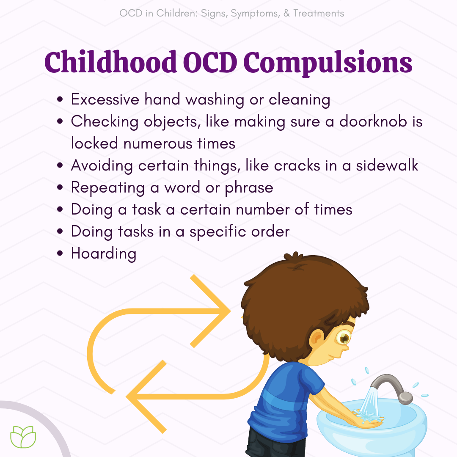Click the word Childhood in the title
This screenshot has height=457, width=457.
(110, 62)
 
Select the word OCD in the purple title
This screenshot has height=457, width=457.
(210, 62)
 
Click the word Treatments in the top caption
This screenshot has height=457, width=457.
(319, 13)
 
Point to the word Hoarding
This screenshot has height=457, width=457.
(104, 253)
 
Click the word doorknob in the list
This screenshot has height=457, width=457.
(373, 121)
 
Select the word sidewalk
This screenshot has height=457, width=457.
(387, 165)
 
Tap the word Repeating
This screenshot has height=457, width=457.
(108, 188)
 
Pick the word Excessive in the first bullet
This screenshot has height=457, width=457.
(105, 99)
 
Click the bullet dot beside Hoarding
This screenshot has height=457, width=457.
(60, 253)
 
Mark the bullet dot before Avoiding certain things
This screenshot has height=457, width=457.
(60, 165)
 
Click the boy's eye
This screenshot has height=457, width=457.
(343, 338)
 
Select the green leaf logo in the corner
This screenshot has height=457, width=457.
(23, 437)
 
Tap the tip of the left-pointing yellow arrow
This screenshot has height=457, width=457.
(126, 396)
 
